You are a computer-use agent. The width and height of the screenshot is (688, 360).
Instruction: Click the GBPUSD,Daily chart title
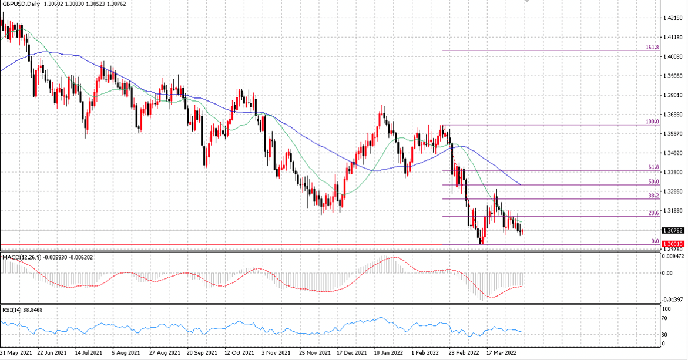click(x=21, y=4)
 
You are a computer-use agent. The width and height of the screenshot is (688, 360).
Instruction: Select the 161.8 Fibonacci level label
click(x=652, y=48)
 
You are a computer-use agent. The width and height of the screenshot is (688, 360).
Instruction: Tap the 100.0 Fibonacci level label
click(x=652, y=122)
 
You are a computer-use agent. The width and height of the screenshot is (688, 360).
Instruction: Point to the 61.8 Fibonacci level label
click(x=653, y=167)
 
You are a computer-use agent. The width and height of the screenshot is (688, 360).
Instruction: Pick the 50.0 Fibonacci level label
click(x=653, y=181)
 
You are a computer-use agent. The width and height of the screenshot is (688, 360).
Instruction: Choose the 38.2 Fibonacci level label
click(x=653, y=196)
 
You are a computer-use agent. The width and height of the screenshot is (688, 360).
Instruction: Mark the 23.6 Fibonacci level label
click(x=653, y=213)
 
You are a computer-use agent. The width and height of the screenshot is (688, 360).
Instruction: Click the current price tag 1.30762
click(x=673, y=230)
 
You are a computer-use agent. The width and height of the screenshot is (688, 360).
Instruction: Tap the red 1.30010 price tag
click(x=673, y=244)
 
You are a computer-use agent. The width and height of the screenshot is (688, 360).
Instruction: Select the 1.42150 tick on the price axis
click(x=673, y=18)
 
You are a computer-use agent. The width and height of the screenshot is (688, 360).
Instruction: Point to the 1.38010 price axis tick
click(x=673, y=95)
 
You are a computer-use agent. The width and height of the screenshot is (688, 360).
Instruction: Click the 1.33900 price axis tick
click(x=673, y=172)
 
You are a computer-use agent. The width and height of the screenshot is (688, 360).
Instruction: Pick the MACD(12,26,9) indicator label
click(x=22, y=257)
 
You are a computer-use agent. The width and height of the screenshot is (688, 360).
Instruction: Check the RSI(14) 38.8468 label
click(x=22, y=310)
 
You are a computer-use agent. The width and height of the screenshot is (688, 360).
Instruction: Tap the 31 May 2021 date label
click(x=16, y=352)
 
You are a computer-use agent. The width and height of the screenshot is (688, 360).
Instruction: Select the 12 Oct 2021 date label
click(x=240, y=352)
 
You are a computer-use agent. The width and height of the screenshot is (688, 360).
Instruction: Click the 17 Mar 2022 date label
click(x=502, y=352)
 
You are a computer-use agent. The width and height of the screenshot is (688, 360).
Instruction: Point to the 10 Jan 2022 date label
click(x=389, y=352)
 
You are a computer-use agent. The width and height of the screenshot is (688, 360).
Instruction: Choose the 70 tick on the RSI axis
click(x=665, y=319)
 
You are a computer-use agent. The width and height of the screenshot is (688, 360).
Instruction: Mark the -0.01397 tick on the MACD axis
click(x=673, y=300)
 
